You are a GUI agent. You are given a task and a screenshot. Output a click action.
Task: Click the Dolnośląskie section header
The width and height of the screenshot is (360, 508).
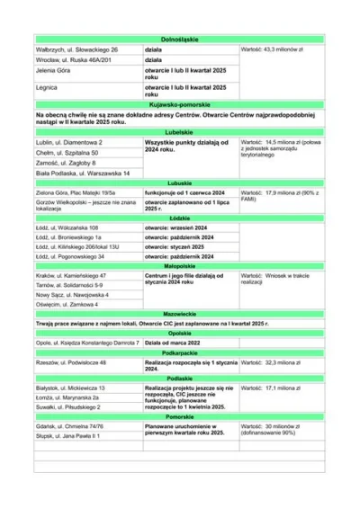[x=179, y=40]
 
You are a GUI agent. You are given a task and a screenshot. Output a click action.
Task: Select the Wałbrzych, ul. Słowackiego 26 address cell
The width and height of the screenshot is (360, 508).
[x=76, y=49]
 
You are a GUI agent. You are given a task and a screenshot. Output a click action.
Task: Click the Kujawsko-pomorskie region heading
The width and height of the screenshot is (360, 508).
[x=179, y=105]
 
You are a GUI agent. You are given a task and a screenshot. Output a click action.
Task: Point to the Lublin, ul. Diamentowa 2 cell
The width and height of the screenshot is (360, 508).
[x=70, y=142]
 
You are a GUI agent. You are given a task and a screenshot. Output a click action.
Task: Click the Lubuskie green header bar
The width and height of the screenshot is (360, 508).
[x=179, y=183]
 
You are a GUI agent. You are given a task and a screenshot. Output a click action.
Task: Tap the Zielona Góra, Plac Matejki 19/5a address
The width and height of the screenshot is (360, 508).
[x=76, y=192]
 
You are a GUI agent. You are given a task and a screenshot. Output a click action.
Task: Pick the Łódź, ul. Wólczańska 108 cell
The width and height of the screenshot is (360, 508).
[x=67, y=228]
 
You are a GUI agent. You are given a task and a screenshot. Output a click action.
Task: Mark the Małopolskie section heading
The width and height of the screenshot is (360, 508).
[x=179, y=266]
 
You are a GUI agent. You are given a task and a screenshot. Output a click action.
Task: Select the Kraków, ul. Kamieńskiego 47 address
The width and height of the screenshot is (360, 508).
[x=72, y=275]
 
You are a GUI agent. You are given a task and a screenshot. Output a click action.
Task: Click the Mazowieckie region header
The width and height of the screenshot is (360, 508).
[x=179, y=315]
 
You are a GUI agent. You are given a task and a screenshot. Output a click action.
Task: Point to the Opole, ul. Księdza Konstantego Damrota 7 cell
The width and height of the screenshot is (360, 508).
[x=86, y=343]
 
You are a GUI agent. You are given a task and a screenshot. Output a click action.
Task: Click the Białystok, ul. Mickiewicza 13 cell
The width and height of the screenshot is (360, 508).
[x=71, y=388]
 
